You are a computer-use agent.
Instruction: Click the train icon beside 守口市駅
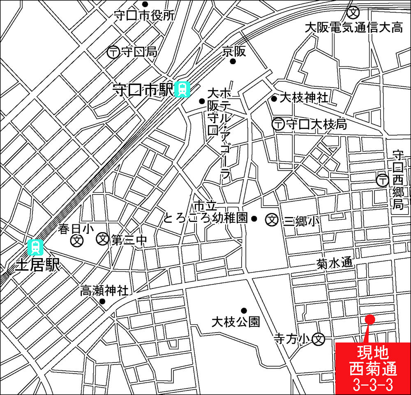(182, 89)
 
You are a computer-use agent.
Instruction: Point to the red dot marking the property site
(369, 318)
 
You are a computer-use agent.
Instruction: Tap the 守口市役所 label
(144, 15)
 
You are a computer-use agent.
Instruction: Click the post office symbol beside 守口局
(113, 52)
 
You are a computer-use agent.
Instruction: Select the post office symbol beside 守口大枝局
(279, 123)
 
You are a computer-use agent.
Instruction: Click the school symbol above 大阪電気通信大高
(353, 12)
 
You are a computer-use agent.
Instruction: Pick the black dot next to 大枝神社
(274, 99)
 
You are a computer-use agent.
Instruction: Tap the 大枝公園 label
(236, 321)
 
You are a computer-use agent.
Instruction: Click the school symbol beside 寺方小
(319, 339)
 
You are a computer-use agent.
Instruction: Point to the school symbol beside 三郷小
(272, 220)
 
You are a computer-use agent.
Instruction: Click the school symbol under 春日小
(76, 241)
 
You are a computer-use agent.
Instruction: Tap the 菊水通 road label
(335, 263)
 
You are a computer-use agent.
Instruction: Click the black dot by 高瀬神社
(102, 301)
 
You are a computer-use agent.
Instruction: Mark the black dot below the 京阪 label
(233, 62)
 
